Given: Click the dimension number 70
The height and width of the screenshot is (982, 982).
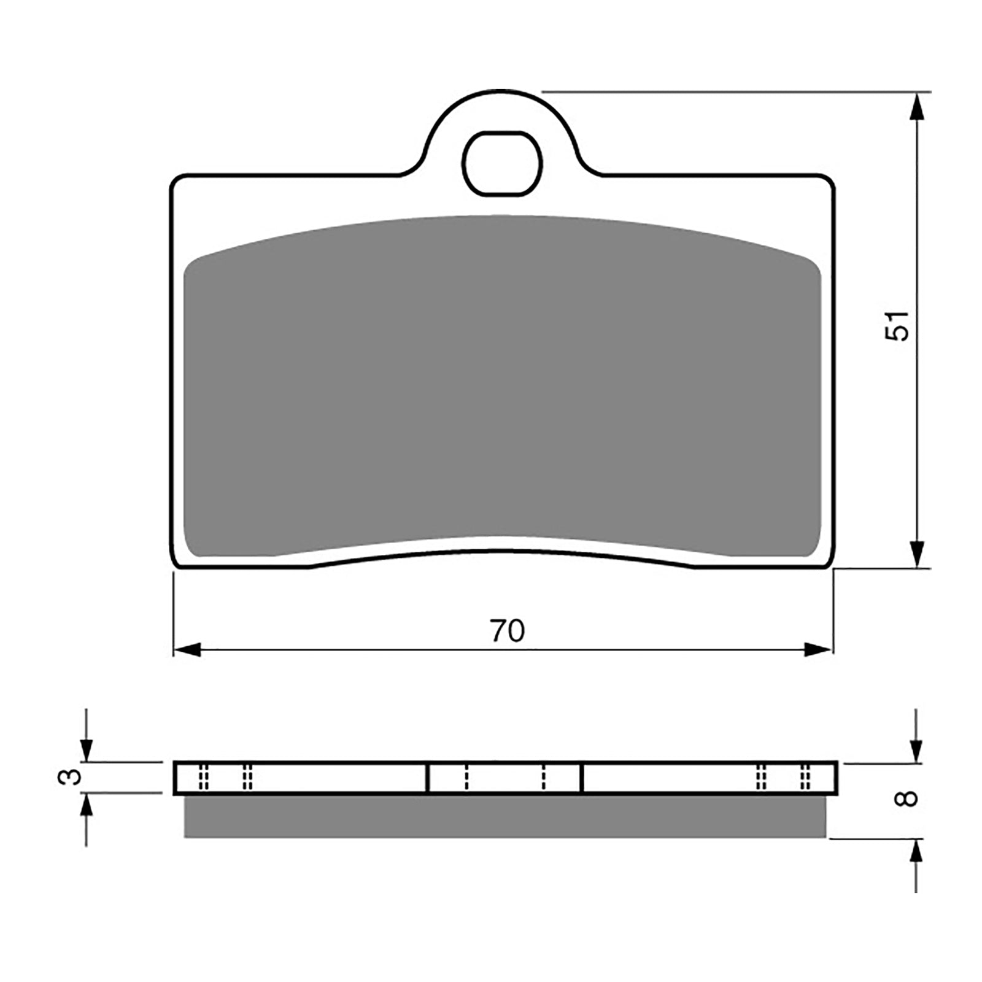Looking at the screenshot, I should point(508,631).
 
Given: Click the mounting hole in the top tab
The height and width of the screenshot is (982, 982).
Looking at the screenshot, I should point(502,163).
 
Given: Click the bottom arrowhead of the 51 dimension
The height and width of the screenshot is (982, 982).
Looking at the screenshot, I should point(916,552).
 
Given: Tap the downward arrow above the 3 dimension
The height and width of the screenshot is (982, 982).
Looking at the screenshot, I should point(87,749).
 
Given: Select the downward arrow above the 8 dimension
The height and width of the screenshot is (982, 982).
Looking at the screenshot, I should point(916,749).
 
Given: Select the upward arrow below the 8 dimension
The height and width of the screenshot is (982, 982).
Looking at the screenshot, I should point(916,853).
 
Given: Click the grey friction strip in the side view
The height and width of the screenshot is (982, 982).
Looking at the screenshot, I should point(505,816).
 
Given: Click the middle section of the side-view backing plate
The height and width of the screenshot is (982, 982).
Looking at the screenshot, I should point(504,778).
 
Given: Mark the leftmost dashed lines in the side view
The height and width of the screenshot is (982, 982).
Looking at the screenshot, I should point(204,778).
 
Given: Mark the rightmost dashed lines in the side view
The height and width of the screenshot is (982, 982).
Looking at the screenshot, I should point(805,778).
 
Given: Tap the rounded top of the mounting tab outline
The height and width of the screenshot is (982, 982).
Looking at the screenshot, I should point(502,91).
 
